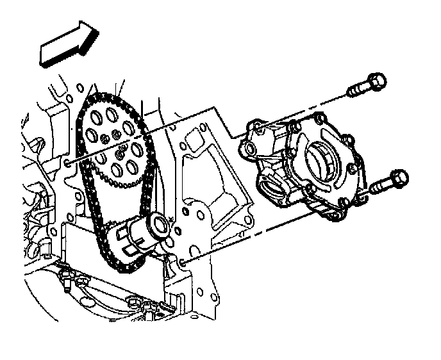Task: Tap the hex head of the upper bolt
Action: click(x=378, y=81)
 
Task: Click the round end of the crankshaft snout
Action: click(x=158, y=224)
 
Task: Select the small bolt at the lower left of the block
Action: click(x=65, y=276)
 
